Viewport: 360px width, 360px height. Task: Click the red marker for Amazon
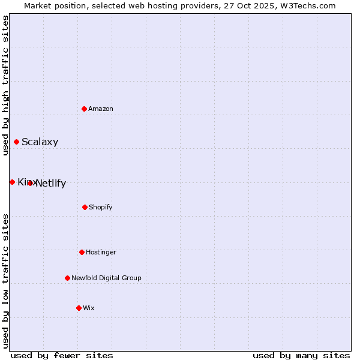85,109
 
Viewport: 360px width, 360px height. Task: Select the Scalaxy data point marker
16,142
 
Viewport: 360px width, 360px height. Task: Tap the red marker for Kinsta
12,182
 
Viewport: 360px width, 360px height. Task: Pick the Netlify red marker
30,183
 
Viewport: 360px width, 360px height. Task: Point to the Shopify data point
85,207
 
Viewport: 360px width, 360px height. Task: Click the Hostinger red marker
82,252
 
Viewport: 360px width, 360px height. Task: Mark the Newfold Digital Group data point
67,278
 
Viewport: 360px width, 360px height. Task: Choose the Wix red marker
79,308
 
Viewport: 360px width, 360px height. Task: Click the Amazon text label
101,109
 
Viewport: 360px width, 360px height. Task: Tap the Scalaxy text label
40,142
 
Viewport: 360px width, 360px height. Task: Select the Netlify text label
51,184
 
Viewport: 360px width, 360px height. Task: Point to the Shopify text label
101,207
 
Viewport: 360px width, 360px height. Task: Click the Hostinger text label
101,252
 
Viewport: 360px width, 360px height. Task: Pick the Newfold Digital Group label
106,278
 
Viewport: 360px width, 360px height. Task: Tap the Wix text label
89,308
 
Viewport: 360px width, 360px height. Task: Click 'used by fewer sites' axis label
62,355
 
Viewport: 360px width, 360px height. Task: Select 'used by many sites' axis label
301,355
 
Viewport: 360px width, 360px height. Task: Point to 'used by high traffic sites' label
5,85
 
